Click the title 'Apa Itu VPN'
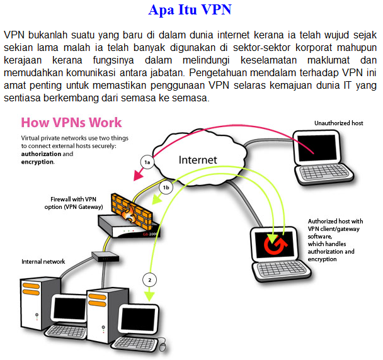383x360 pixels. pos(190,10)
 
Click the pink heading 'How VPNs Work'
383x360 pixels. pos(71,122)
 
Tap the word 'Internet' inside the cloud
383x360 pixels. pos(198,160)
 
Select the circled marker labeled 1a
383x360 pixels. pos(147,162)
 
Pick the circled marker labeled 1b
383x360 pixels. pos(166,188)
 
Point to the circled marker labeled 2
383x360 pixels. pos(149,280)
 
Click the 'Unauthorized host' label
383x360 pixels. pos(338,123)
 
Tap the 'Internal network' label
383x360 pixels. pos(43,262)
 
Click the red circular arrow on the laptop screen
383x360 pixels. pos(275,244)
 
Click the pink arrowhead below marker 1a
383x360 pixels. pos(137,175)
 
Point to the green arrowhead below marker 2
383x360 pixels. pos(149,296)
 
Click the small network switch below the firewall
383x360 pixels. pos(105,257)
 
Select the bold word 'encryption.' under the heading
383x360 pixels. pos(38,162)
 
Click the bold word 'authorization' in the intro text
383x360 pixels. pos(42,154)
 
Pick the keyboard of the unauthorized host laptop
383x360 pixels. pos(325,173)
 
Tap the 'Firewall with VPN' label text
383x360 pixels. pos(73,199)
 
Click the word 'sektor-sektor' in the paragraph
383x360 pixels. pos(261,48)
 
